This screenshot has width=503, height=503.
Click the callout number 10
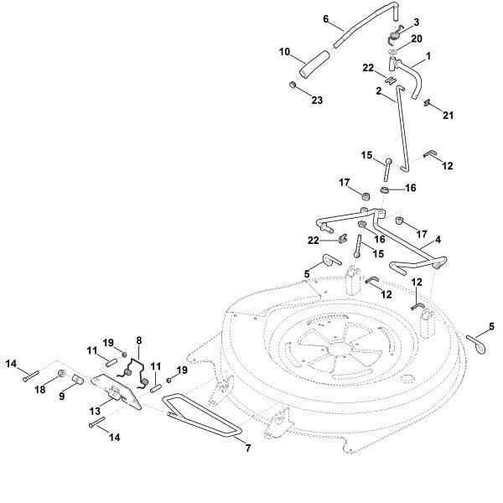[285, 52]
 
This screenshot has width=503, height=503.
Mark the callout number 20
[417, 39]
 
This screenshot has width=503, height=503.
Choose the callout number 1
[428, 56]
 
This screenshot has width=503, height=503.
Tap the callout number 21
[448, 115]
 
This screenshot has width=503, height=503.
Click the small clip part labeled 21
[428, 104]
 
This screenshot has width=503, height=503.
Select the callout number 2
[378, 90]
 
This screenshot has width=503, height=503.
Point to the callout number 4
[438, 239]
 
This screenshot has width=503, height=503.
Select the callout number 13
[94, 412]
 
